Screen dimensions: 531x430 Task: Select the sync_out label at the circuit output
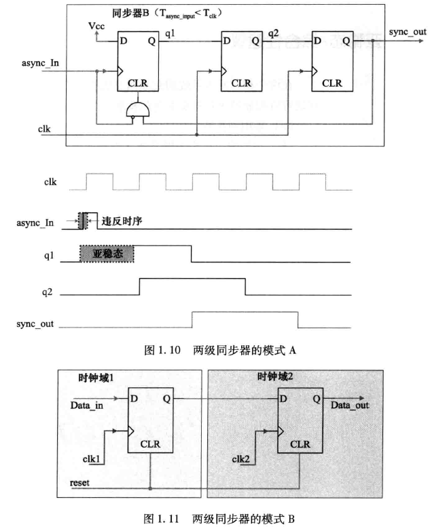(x=406, y=31)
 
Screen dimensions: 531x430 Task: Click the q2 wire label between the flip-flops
(x=273, y=33)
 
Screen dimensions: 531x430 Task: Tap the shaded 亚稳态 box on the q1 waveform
(x=107, y=253)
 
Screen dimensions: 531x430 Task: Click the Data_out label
(x=351, y=406)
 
